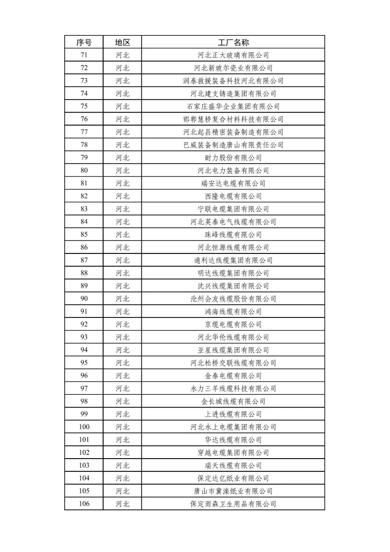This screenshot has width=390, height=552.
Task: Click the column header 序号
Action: coord(84,42)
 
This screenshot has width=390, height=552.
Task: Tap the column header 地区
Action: coord(122,42)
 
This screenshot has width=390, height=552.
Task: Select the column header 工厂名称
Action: coord(233,42)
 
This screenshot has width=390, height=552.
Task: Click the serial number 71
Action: coord(84,55)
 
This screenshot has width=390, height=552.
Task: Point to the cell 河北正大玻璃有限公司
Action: coord(233,55)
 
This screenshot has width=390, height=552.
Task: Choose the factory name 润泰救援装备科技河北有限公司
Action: coord(233,81)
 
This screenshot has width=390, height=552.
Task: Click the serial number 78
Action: coord(84,145)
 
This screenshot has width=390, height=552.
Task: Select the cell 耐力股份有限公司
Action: coord(233,158)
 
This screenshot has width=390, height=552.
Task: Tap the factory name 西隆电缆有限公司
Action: coord(233,196)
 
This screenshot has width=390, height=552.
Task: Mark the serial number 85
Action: coord(84,234)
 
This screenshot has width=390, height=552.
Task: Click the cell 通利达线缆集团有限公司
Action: coord(233,260)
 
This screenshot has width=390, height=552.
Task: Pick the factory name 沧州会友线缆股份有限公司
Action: coord(233,299)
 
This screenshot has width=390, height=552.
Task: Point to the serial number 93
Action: coord(84,337)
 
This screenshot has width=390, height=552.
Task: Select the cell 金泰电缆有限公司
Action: coord(233,376)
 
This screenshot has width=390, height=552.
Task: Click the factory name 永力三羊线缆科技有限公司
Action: coord(233,389)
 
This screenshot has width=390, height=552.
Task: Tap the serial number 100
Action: coord(84,427)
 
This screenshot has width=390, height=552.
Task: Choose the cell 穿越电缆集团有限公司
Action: coord(233,453)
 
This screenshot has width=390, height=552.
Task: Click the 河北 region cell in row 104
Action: coord(122,478)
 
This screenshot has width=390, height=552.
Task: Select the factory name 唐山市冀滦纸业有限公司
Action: coord(233,491)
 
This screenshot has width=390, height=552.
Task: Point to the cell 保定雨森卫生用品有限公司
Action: coord(233,504)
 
